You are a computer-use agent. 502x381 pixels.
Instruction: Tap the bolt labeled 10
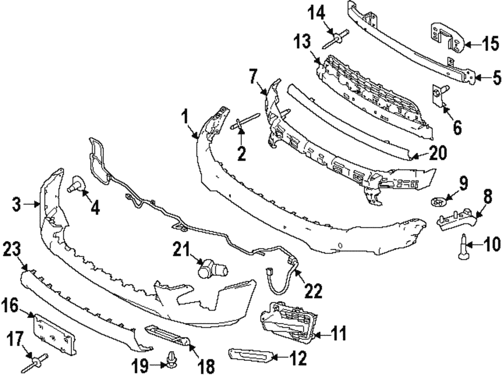tap(464, 250)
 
